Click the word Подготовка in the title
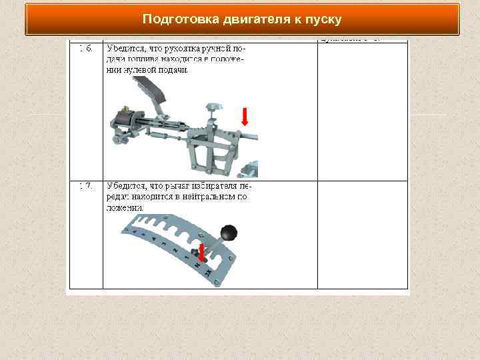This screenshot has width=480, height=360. click(x=175, y=19)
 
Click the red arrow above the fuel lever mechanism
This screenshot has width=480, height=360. click(x=245, y=117)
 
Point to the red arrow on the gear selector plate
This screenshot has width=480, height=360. click(x=201, y=252)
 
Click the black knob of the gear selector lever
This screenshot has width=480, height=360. click(x=229, y=233)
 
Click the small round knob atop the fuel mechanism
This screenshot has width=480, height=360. click(x=213, y=106)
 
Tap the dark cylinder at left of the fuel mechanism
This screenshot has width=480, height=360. click(x=124, y=120)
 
